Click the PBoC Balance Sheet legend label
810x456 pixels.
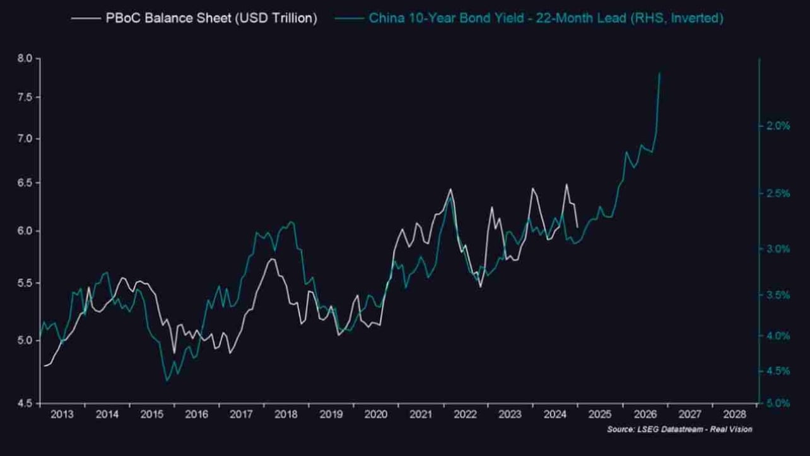click(x=211, y=18)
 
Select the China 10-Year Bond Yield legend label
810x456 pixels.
click(x=546, y=18)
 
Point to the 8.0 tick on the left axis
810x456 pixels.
click(x=25, y=58)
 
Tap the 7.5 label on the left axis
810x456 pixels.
click(x=25, y=97)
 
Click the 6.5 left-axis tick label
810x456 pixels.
click(x=25, y=183)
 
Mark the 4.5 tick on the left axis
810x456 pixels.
click(x=25, y=403)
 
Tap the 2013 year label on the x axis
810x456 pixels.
click(x=62, y=414)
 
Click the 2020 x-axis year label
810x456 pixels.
click(x=376, y=414)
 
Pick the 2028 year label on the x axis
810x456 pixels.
click(x=734, y=414)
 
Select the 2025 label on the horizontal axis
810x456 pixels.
click(x=600, y=414)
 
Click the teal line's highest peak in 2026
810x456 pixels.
click(x=660, y=73)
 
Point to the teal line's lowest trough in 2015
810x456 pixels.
click(x=167, y=381)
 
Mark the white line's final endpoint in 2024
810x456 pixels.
click(x=577, y=227)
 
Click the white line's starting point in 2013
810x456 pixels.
click(x=45, y=366)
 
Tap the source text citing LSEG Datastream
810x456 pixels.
click(x=679, y=429)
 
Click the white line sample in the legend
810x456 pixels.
click(x=85, y=18)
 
